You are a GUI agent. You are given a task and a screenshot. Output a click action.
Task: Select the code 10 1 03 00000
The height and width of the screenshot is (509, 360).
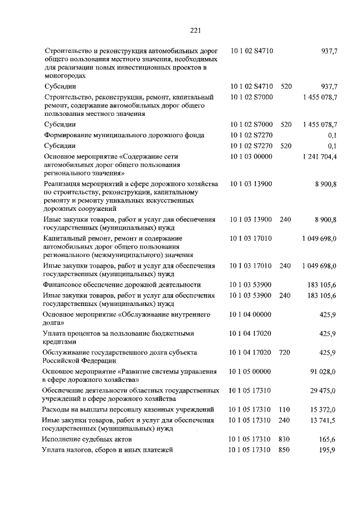click(x=251, y=157)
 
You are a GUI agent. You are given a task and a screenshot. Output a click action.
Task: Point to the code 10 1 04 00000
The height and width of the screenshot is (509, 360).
click(x=251, y=314)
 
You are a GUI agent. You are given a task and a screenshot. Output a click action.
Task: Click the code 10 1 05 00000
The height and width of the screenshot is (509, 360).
click(x=251, y=372)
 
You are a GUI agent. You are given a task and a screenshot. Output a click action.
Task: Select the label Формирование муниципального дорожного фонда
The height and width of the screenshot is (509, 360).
click(x=124, y=135)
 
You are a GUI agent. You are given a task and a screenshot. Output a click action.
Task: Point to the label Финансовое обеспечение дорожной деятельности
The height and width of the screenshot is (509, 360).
click(x=122, y=285)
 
